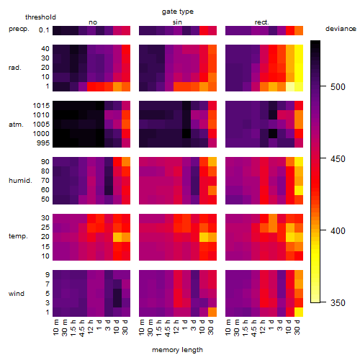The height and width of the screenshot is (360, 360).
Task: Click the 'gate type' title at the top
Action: pyautogui.click(x=178, y=12)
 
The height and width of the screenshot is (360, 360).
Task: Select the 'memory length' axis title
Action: pyautogui.click(x=177, y=350)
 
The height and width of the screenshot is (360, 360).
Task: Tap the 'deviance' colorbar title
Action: pyautogui.click(x=341, y=29)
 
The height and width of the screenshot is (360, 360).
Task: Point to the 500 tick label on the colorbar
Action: pyautogui.click(x=338, y=86)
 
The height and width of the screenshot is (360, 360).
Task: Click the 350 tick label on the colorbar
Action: pyautogui.click(x=338, y=302)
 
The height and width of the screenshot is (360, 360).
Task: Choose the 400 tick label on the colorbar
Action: pyautogui.click(x=338, y=230)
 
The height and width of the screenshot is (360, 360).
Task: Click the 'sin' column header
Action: pyautogui.click(x=177, y=22)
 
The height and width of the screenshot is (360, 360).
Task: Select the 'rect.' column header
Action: pyautogui.click(x=262, y=22)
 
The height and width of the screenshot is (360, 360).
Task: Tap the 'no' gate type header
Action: pyautogui.click(x=93, y=22)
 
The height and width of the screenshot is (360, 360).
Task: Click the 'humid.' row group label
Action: pyautogui.click(x=20, y=181)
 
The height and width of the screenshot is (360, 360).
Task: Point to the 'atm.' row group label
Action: pyautogui.click(x=16, y=125)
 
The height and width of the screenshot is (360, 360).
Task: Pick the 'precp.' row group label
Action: pyautogui.click(x=19, y=30)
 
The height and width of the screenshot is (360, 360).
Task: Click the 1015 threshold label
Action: pyautogui.click(x=41, y=106)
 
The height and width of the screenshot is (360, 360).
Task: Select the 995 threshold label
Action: pyautogui.click(x=43, y=143)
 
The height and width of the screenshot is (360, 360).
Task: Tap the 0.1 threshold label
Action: pyautogui.click(x=44, y=30)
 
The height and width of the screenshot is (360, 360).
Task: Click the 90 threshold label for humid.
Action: pyautogui.click(x=45, y=162)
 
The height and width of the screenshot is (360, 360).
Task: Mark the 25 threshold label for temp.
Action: pyautogui.click(x=45, y=228)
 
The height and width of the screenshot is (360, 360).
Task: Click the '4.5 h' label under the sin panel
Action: pyautogui.click(x=168, y=328)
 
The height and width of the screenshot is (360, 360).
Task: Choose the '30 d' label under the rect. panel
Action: pyautogui.click(x=297, y=328)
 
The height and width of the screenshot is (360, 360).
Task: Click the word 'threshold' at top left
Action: pyautogui.click(x=40, y=17)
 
